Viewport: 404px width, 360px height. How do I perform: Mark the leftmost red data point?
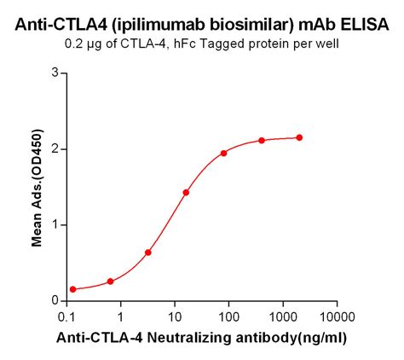click(x=72, y=289)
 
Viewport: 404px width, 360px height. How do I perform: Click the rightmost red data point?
click(x=299, y=137)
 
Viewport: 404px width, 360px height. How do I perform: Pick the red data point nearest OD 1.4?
click(x=186, y=193)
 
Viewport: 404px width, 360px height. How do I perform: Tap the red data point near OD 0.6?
click(x=148, y=253)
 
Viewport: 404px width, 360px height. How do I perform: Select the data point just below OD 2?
click(x=223, y=154)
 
